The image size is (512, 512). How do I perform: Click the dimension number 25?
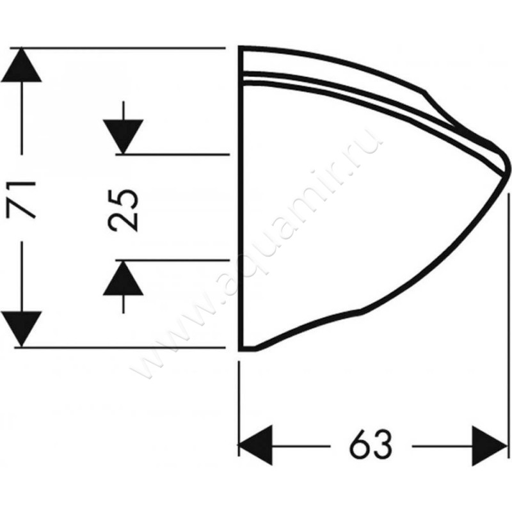click(123, 211)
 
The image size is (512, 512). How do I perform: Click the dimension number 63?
click(371, 445)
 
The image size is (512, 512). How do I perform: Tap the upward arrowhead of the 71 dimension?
click(21, 65)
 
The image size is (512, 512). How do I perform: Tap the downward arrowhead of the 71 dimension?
click(21, 329)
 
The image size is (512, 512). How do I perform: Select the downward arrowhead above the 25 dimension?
click(123, 136)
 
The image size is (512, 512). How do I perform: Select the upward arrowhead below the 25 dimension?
click(123, 278)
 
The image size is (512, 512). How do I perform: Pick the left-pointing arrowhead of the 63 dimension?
click(255, 445)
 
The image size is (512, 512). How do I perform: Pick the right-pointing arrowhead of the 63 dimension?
click(489, 445)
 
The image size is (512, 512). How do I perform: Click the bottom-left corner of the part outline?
click(241, 350)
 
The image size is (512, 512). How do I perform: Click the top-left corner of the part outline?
click(241, 47)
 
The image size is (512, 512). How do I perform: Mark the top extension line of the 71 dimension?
click(118, 48)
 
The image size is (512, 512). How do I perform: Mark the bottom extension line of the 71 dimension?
click(120, 348)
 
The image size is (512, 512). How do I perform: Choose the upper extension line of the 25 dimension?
click(173, 154)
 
